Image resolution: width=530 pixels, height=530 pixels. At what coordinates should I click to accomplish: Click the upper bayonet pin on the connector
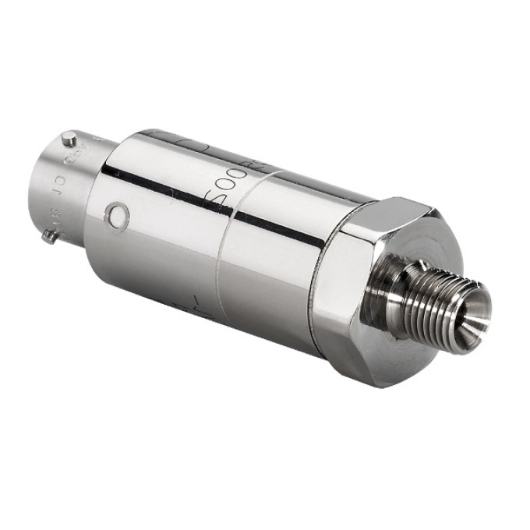pyautogui.click(x=69, y=140)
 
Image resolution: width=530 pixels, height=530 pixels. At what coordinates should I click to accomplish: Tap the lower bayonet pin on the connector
pyautogui.click(x=49, y=236)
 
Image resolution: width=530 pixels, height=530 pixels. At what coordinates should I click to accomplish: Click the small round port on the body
pyautogui.click(x=118, y=216)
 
